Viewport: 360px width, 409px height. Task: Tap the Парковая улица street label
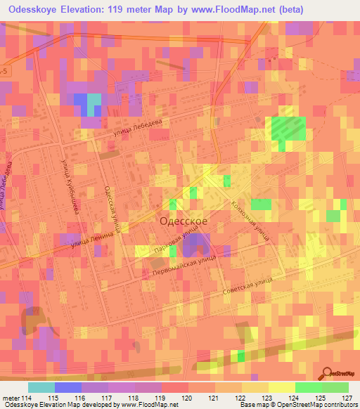(173, 242)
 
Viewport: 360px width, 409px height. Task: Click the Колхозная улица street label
(250, 220)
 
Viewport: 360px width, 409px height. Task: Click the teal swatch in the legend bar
(41, 387)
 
